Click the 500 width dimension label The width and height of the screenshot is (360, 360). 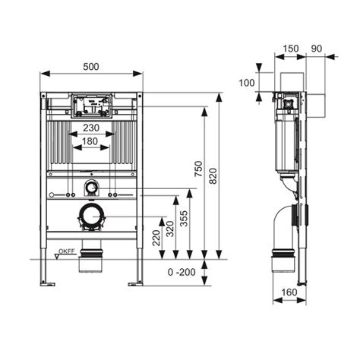click(x=91, y=67)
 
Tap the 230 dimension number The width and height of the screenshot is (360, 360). click(x=91, y=128)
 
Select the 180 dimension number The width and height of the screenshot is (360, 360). click(x=90, y=141)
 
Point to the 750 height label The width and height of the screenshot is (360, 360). click(x=199, y=169)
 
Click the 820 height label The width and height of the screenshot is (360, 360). click(x=213, y=176)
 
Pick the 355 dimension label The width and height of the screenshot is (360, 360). click(x=185, y=218)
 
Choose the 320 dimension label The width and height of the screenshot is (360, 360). click(x=170, y=229)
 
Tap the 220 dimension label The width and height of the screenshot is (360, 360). click(x=156, y=238)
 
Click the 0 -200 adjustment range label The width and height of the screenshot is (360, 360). click(x=182, y=273)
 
